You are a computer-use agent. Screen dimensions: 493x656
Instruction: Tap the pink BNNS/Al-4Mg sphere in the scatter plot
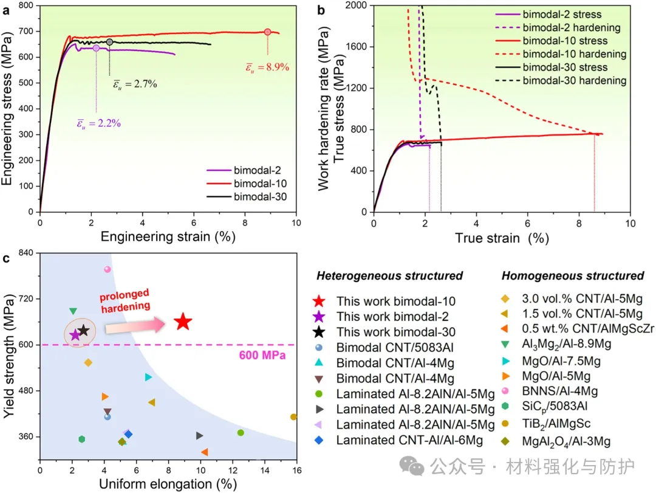click(108, 269)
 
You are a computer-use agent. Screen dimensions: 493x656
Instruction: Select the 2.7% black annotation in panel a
click(135, 84)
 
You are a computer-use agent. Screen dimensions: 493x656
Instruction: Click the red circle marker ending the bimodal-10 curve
click(268, 32)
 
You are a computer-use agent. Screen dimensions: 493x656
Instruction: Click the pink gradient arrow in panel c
click(135, 326)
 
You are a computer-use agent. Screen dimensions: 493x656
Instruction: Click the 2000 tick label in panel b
click(356, 5)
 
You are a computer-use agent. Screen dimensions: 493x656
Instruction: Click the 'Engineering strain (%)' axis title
click(168, 237)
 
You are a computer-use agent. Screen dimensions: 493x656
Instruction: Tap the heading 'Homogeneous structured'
click(573, 276)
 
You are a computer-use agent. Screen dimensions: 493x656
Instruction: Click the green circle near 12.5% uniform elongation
click(241, 433)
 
